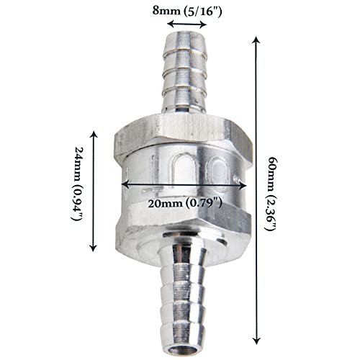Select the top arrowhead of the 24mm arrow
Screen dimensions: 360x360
point(94,134)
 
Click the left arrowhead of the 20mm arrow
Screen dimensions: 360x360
point(123,184)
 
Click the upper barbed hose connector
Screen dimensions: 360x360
point(185,76)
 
